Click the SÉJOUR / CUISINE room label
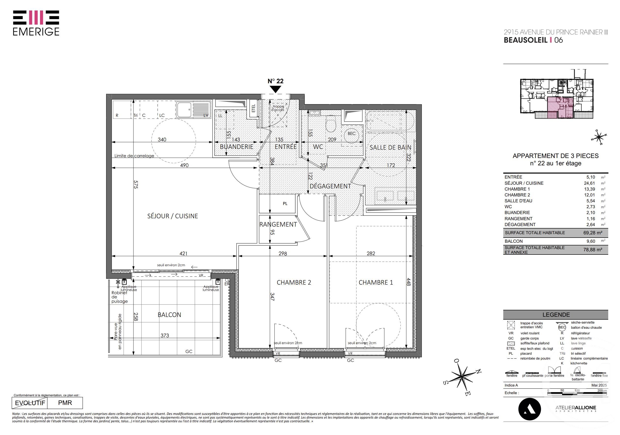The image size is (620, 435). point(173,216)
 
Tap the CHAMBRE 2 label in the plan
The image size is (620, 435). point(294,282)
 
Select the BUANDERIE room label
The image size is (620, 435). point(237,147)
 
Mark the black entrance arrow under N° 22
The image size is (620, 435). point(275,89)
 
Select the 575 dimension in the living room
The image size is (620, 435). point(136,184)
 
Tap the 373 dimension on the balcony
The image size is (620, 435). point(165,336)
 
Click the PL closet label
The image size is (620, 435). point(285,204)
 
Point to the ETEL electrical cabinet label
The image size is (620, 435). point(253,109)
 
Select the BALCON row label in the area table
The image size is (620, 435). point(514,241)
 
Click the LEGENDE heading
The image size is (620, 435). point(556,315)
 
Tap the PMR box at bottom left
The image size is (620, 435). point(65,403)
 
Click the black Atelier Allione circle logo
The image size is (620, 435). point(530,409)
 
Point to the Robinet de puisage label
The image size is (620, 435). point(119,297)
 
